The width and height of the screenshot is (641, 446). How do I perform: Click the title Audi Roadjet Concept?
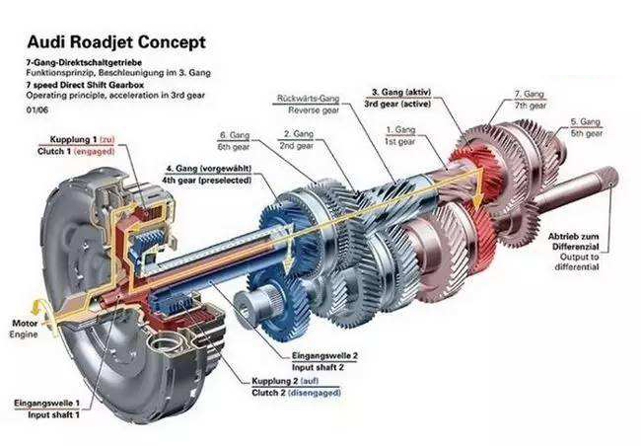click(x=115, y=42)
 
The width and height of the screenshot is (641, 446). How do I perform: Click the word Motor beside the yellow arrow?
click(x=24, y=323)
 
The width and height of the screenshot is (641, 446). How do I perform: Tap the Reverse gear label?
click(x=309, y=111)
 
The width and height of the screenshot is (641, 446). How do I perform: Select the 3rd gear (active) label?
click(x=400, y=102)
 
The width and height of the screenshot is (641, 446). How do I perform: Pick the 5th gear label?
click(x=588, y=131)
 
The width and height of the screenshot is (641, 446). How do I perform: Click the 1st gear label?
click(x=402, y=140)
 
